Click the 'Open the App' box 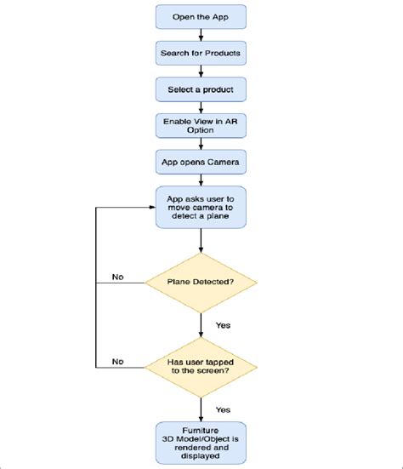(201, 16)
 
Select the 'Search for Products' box (201, 53)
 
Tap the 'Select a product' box (201, 89)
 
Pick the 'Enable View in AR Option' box (201, 125)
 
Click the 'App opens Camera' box (201, 161)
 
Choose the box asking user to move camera (201, 207)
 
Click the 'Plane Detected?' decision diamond (201, 280)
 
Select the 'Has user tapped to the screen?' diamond (201, 367)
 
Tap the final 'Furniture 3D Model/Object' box (201, 442)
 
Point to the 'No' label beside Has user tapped (118, 362)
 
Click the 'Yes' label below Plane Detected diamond (224, 324)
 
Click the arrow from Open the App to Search (201, 34)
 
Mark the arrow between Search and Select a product (201, 71)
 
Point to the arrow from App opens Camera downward (201, 179)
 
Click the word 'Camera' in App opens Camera (222, 161)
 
